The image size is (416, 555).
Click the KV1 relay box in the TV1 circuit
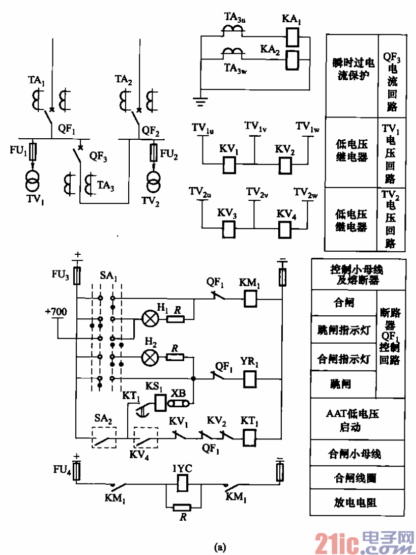[230, 164]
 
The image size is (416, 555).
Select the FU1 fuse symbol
[33, 151]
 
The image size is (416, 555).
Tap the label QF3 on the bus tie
[98, 156]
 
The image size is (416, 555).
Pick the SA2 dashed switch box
[104, 437]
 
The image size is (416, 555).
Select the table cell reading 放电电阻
[357, 503]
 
